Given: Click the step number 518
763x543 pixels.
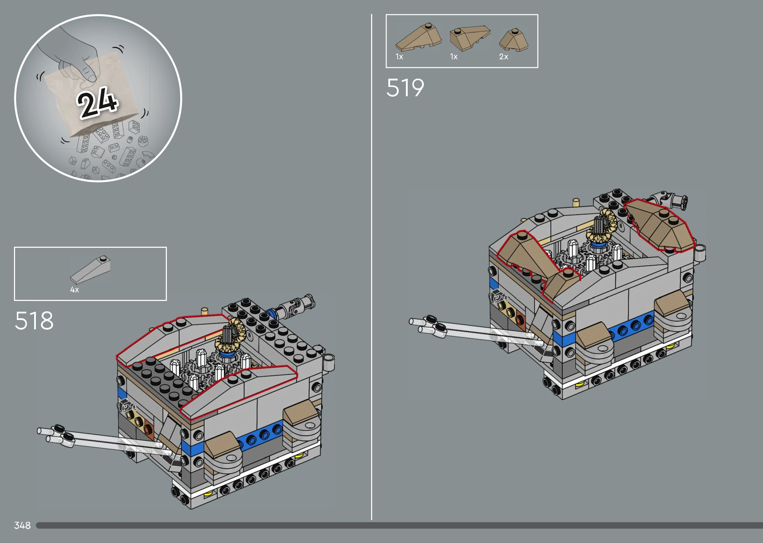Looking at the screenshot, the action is (34, 320).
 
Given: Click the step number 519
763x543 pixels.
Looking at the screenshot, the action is (405, 88).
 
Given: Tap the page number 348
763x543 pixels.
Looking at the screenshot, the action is (22, 525).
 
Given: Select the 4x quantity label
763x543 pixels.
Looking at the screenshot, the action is (75, 290).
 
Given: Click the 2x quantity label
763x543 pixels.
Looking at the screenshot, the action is (504, 57).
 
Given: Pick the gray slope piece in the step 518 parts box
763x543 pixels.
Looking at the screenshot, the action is (90, 269).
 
